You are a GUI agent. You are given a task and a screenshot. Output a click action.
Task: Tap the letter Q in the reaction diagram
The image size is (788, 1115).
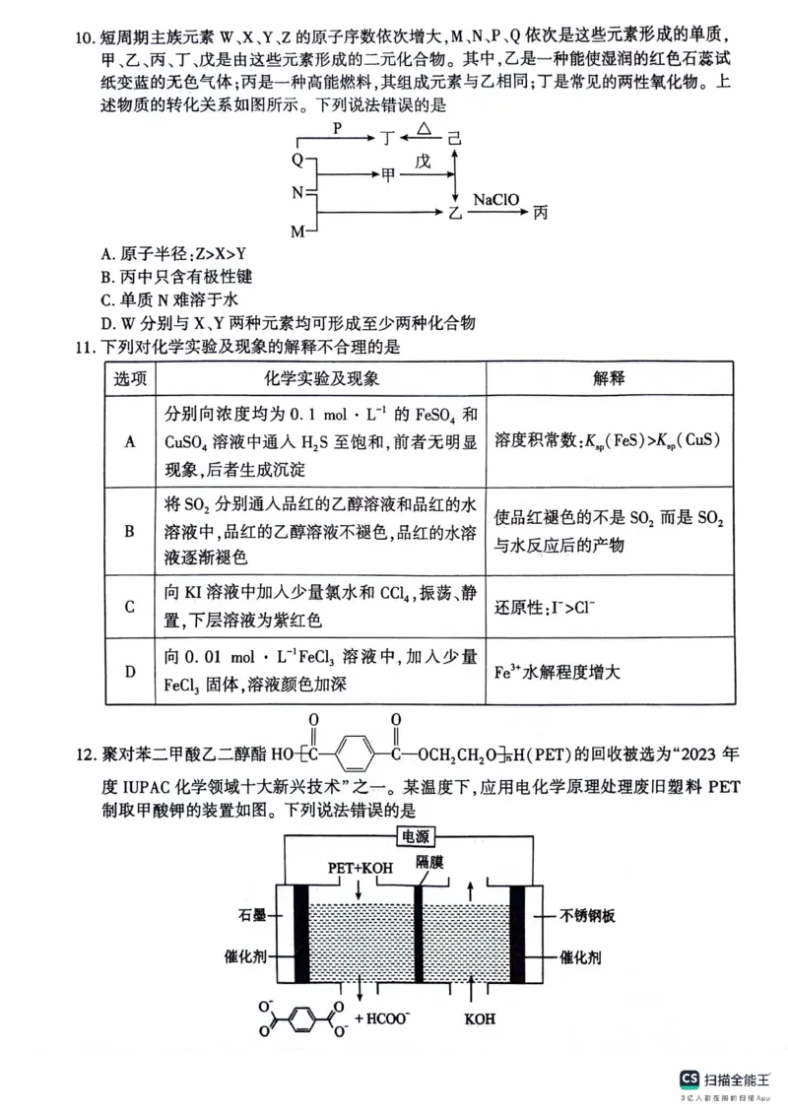click(297, 159)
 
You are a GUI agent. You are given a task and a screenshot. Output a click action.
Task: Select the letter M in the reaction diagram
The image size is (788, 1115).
click(297, 230)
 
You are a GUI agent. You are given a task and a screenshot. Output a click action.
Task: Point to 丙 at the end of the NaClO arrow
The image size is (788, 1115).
click(541, 213)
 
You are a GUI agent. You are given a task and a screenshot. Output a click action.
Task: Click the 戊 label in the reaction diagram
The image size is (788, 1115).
click(424, 162)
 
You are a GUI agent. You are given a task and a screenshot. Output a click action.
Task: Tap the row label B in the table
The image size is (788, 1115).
click(129, 532)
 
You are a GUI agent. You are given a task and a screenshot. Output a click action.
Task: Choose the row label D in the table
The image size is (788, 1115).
click(129, 672)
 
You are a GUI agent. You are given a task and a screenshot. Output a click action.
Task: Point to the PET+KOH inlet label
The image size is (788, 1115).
click(360, 867)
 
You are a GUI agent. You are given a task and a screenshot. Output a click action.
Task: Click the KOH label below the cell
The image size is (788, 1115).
click(480, 1018)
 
